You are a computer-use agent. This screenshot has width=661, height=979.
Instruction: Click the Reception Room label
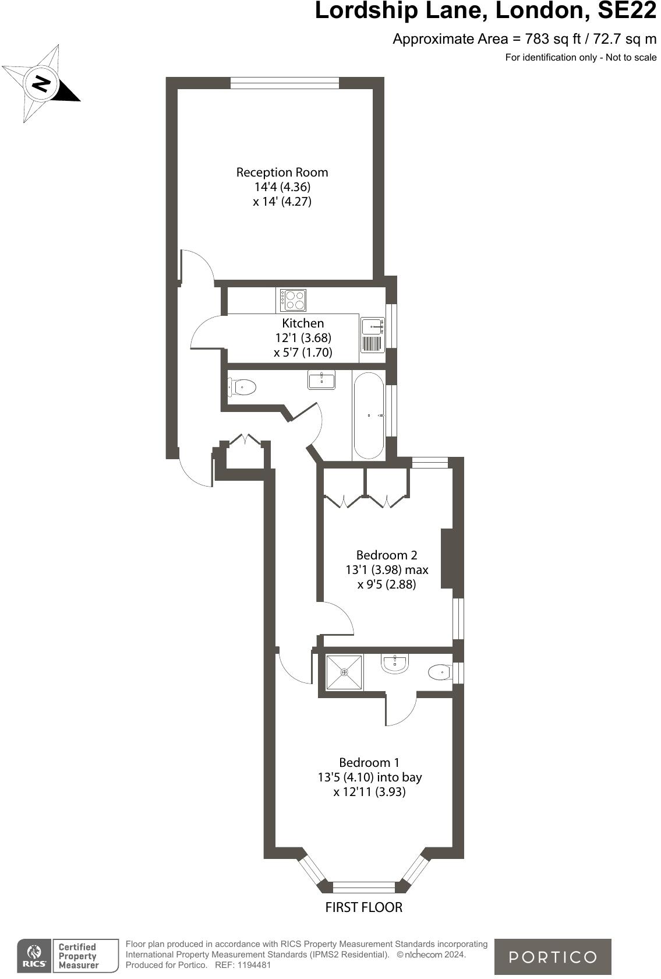tap(282, 172)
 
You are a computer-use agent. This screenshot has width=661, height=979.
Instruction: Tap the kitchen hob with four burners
tap(293, 300)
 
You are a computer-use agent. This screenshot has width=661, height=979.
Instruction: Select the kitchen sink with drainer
tap(373, 336)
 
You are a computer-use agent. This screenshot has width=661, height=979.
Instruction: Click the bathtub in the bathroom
tap(368, 415)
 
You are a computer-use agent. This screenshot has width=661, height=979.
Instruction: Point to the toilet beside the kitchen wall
tap(243, 386)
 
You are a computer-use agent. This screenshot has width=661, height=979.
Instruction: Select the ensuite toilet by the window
tap(440, 672)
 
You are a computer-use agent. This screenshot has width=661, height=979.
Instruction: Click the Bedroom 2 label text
tap(387, 555)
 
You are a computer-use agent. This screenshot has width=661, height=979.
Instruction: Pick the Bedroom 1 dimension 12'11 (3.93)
tap(369, 792)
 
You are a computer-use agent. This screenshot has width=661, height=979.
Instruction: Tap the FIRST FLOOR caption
tap(363, 907)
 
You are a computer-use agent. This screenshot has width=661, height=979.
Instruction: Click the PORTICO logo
tap(553, 957)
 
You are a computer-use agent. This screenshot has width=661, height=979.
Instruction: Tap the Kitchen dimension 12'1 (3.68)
tap(303, 337)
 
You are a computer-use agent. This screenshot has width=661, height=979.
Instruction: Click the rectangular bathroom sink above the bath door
tap(321, 380)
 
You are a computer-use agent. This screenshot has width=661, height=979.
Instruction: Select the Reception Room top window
tap(284, 83)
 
